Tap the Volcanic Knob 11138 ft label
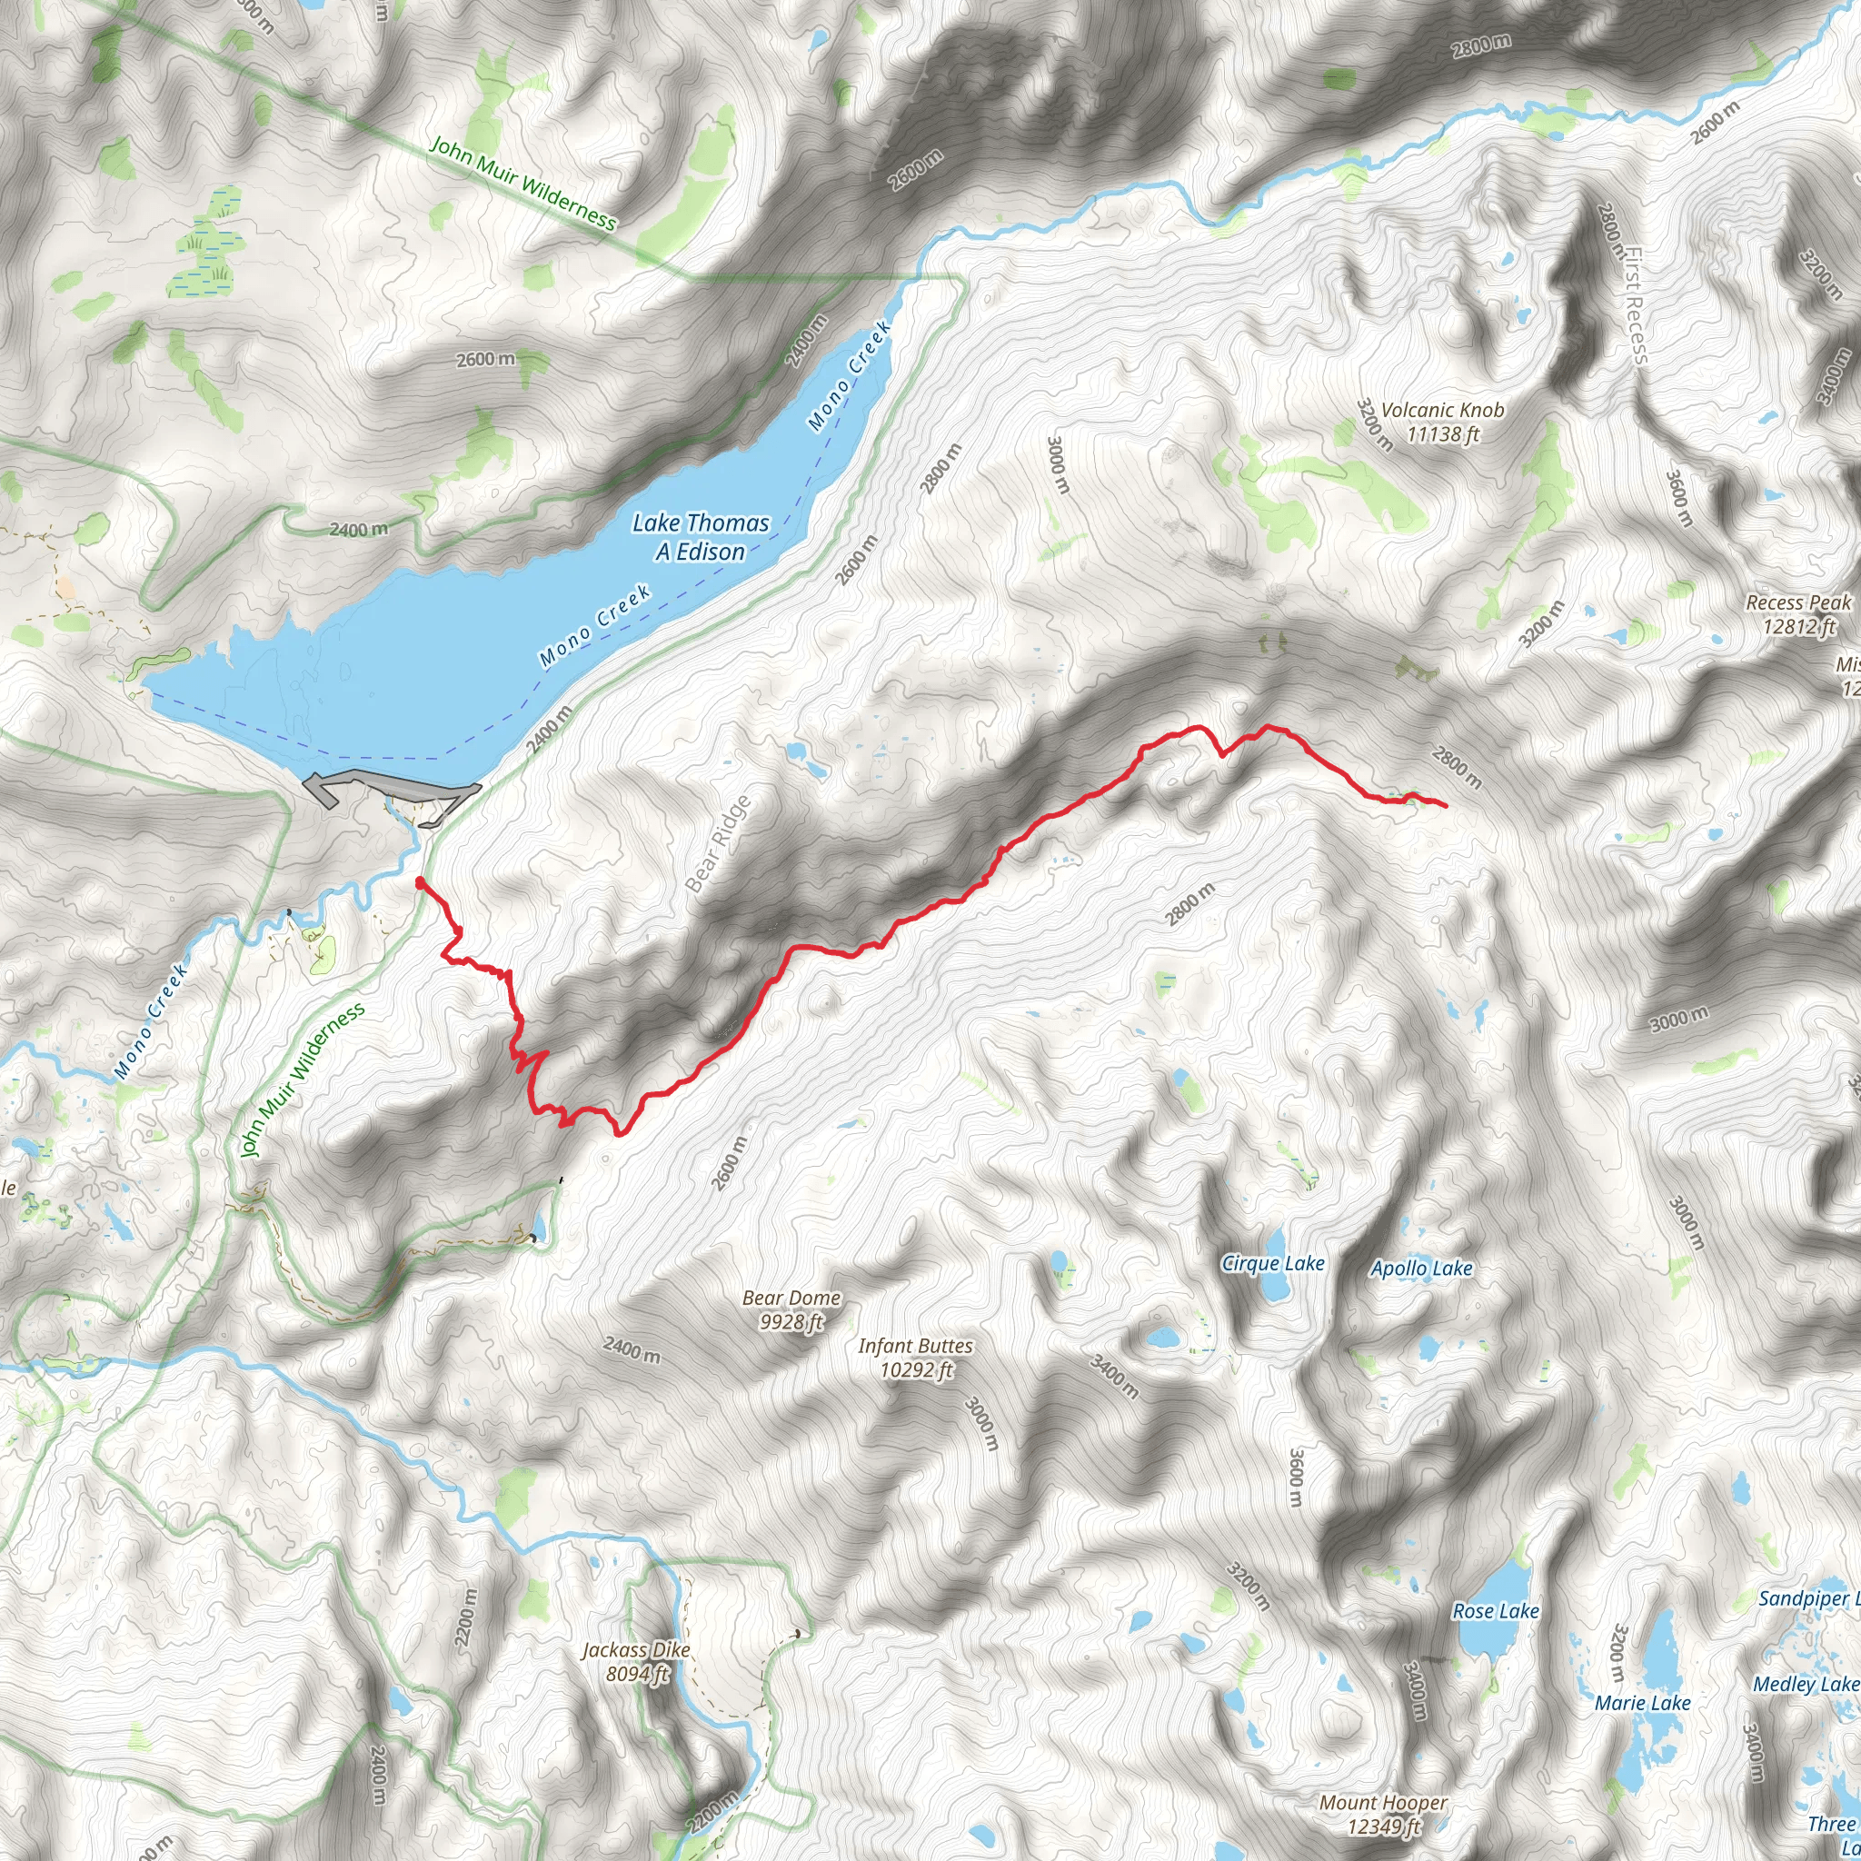(x=1442, y=422)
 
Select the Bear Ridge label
(x=718, y=844)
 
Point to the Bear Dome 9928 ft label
(x=791, y=1309)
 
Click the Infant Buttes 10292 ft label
(x=915, y=1358)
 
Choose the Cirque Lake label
(x=1272, y=1263)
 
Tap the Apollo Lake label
(x=1421, y=1268)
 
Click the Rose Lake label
(x=1495, y=1610)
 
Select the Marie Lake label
(x=1642, y=1702)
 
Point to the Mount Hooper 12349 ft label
(x=1382, y=1814)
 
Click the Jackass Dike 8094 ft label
(x=636, y=1662)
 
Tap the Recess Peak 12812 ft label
(x=1797, y=613)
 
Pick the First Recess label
(x=1635, y=306)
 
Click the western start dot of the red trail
(x=420, y=881)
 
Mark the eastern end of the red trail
(x=1446, y=805)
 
